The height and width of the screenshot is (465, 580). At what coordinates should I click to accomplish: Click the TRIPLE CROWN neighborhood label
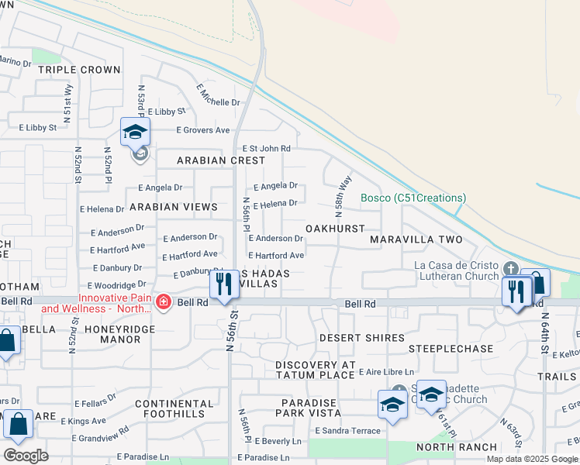coord(79,70)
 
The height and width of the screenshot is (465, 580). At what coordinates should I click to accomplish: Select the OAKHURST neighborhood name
coord(335,229)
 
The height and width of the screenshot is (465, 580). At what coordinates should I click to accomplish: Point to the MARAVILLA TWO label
coord(416,239)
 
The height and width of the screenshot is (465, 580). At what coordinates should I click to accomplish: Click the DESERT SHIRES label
coord(362,338)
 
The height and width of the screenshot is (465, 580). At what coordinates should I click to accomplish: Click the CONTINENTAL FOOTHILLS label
coord(174,408)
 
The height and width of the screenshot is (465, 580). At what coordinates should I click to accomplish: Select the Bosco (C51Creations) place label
coord(413,198)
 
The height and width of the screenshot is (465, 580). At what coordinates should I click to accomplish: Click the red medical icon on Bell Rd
coord(164,302)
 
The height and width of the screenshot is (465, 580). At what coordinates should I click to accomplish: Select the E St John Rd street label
coord(267,148)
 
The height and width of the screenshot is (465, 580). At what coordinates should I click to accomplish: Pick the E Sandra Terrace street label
coord(347,431)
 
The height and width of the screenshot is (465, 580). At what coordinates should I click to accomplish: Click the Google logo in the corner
coord(26,456)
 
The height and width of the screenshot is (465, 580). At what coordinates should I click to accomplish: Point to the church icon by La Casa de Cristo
coord(510,269)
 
